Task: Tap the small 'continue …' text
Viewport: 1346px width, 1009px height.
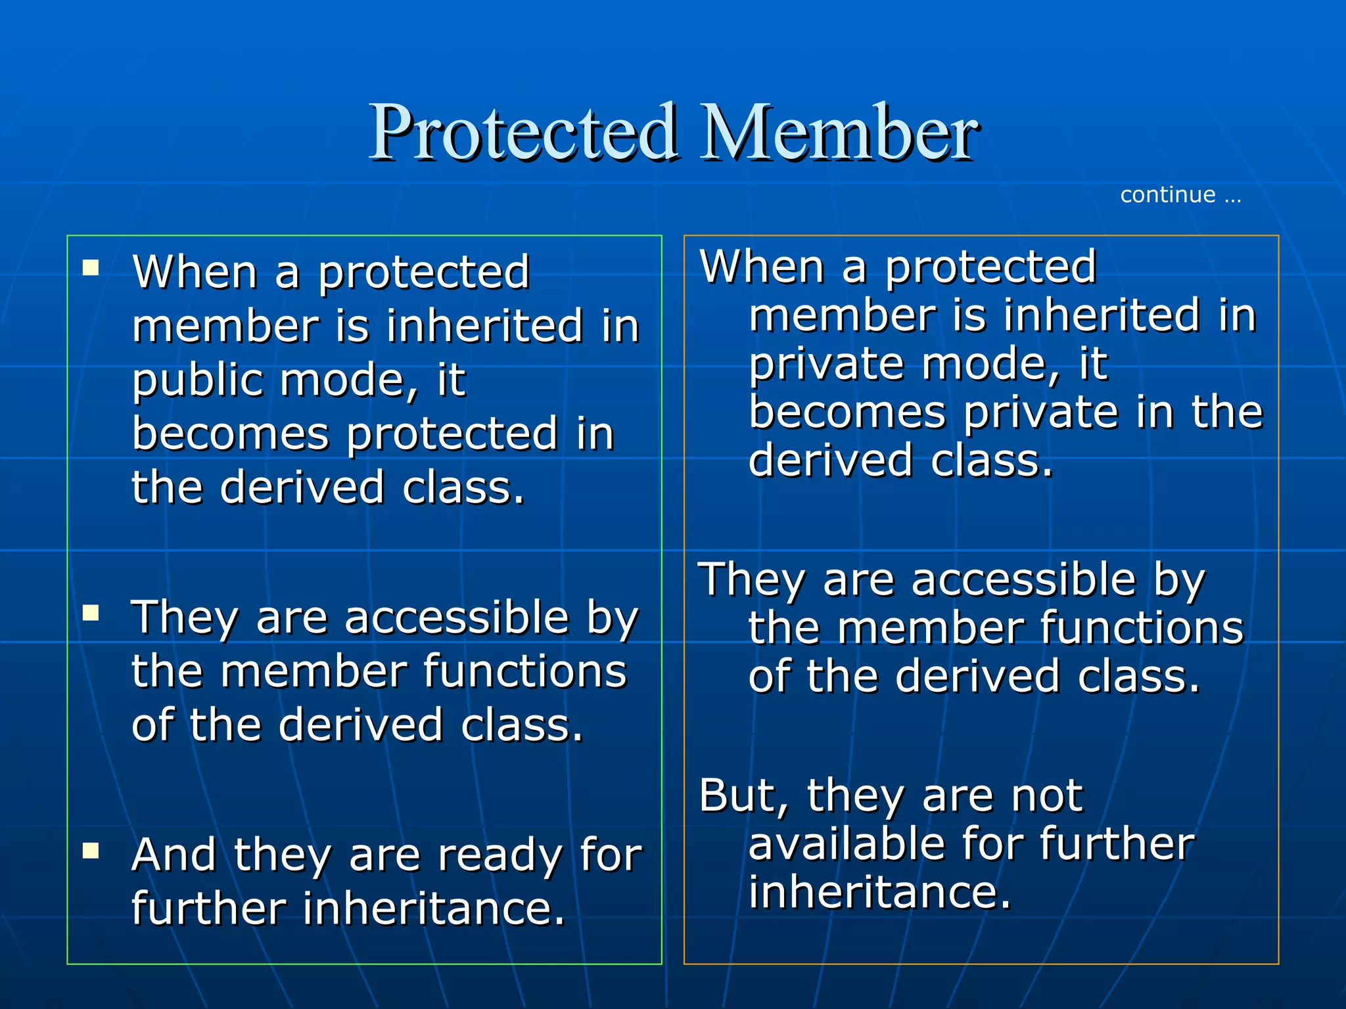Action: pyautogui.click(x=1180, y=195)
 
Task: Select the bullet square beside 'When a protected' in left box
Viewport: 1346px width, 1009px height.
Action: pyautogui.click(x=91, y=267)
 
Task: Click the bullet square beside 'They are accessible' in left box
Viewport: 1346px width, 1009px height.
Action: pyautogui.click(x=91, y=613)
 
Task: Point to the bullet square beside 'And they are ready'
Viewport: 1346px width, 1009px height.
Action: pyautogui.click(x=91, y=851)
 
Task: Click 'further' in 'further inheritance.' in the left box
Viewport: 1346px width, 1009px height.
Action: pyautogui.click(x=208, y=909)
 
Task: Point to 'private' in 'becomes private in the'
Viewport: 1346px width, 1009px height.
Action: pyautogui.click(x=1041, y=413)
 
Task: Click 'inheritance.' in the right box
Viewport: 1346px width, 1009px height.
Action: pyautogui.click(x=879, y=893)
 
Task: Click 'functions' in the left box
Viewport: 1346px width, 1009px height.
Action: pyautogui.click(x=524, y=672)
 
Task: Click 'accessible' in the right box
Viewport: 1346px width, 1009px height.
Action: pyautogui.click(x=1023, y=581)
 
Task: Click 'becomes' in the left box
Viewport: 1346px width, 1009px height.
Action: pyautogui.click(x=230, y=435)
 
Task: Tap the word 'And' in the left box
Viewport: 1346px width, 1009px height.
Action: pyautogui.click(x=174, y=856)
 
